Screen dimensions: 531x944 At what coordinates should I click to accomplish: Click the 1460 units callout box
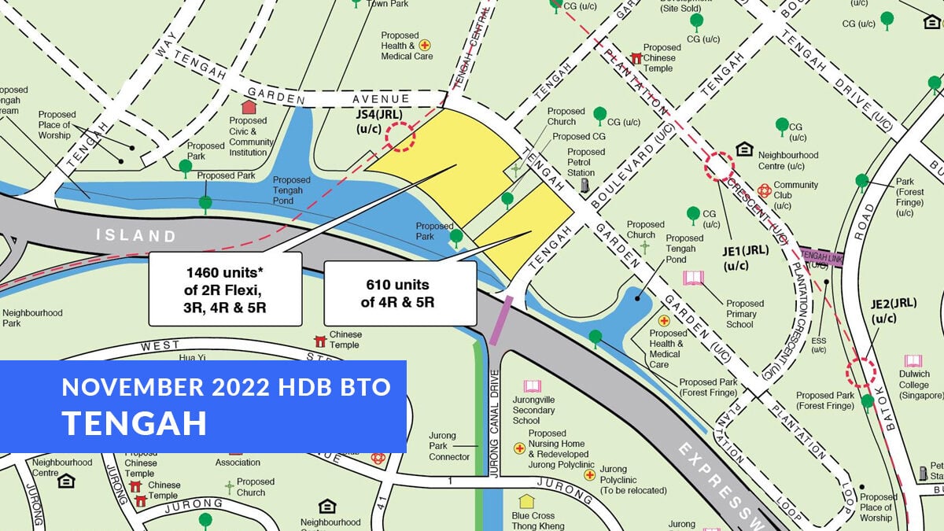pos(226,289)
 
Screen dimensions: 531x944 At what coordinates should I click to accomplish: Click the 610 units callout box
pos(400,293)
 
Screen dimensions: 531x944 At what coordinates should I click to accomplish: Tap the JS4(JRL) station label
pos(380,120)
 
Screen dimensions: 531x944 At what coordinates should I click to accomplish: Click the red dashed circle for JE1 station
pos(719,167)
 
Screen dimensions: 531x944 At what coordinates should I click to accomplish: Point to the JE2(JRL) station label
pos(894,310)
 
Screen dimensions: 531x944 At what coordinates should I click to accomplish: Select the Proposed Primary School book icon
pos(693,278)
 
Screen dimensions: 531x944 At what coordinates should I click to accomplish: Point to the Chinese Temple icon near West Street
pos(320,341)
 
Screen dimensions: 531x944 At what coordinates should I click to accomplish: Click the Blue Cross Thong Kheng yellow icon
pos(526,500)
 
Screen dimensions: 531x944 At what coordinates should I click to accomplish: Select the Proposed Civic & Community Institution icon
pos(249,107)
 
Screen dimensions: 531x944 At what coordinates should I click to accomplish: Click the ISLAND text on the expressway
pos(136,235)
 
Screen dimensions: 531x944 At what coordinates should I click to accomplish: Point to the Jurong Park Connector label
pos(449,446)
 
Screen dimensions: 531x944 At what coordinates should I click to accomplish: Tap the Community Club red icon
pos(764,190)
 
